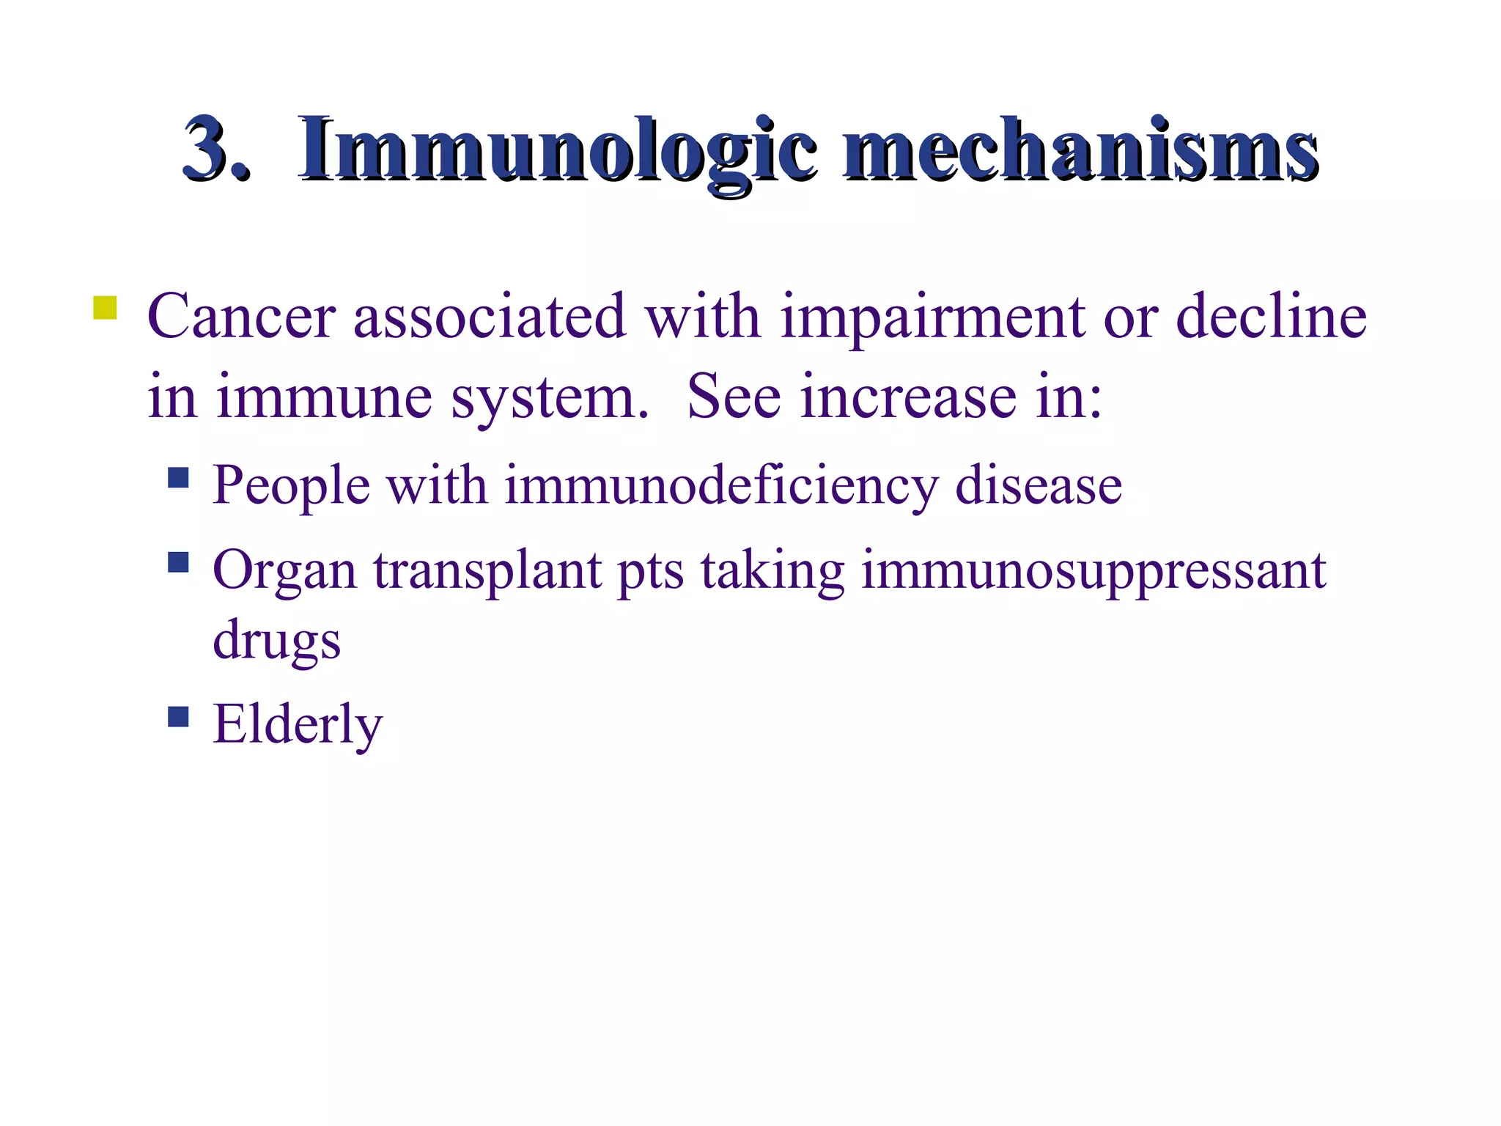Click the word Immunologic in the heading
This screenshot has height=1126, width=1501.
pyautogui.click(x=557, y=150)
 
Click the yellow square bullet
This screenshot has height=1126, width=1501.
pyautogui.click(x=105, y=307)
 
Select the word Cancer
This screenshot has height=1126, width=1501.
pyautogui.click(x=241, y=317)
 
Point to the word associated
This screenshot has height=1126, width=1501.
pyautogui.click(x=490, y=317)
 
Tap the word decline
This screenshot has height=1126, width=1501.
pyautogui.click(x=1271, y=317)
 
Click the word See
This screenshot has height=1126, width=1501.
pyautogui.click(x=734, y=397)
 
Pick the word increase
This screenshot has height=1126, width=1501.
pyautogui.click(x=908, y=397)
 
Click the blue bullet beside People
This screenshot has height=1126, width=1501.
pyautogui.click(x=178, y=479)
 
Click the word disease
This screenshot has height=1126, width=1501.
pyautogui.click(x=1039, y=485)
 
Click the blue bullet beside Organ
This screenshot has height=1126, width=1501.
pyautogui.click(x=178, y=562)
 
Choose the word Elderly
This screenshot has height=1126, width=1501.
pyautogui.click(x=298, y=725)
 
